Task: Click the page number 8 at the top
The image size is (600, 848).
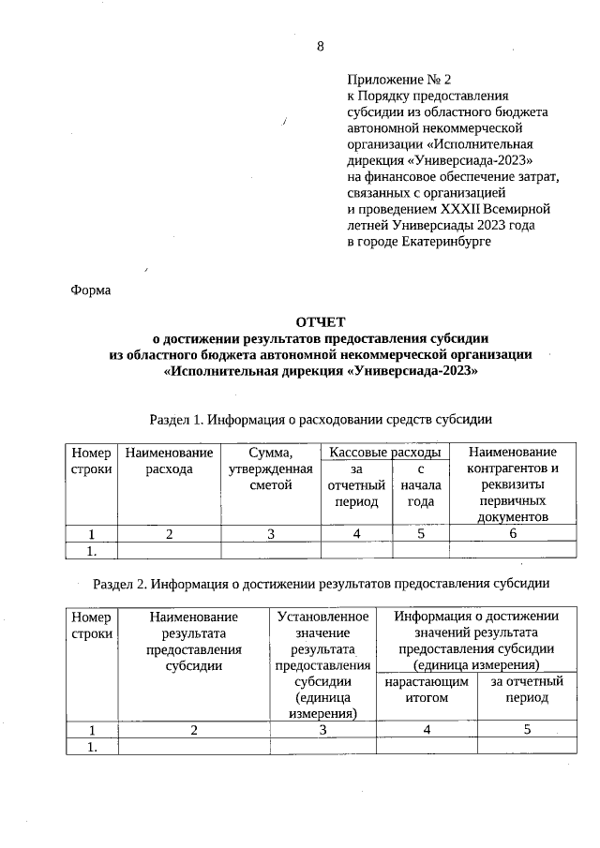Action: (320, 47)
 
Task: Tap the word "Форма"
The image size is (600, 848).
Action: (91, 290)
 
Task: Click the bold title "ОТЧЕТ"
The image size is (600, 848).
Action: (320, 322)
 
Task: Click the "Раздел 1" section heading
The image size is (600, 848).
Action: (321, 419)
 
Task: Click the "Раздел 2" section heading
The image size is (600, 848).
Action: (321, 584)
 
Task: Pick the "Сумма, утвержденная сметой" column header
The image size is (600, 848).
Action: (270, 469)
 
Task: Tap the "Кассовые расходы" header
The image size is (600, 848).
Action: (384, 453)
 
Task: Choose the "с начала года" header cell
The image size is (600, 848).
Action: (421, 485)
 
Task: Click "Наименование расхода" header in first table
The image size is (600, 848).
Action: (170, 461)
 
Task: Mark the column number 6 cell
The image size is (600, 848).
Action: (512, 534)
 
